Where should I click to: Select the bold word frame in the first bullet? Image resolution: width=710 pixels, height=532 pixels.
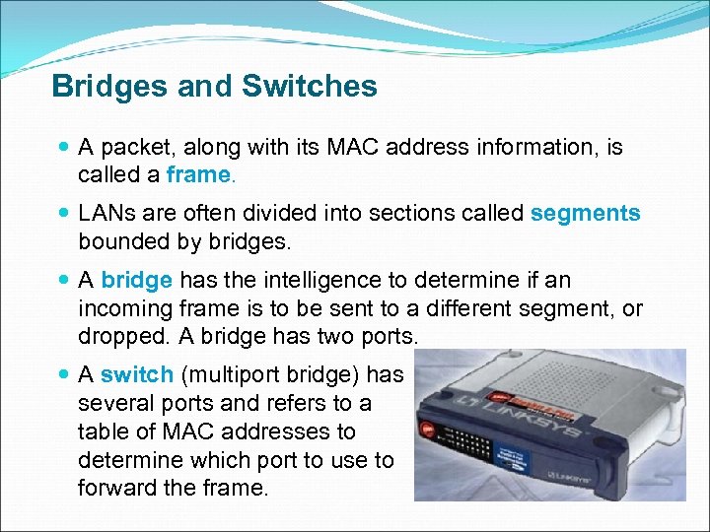[x=197, y=175]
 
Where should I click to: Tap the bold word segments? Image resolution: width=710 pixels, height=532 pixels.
[x=585, y=213]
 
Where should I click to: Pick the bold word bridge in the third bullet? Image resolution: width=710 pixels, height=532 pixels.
[x=136, y=281]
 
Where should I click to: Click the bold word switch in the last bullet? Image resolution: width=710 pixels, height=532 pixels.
[x=136, y=374]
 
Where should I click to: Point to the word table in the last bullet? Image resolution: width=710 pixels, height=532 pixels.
[x=101, y=432]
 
